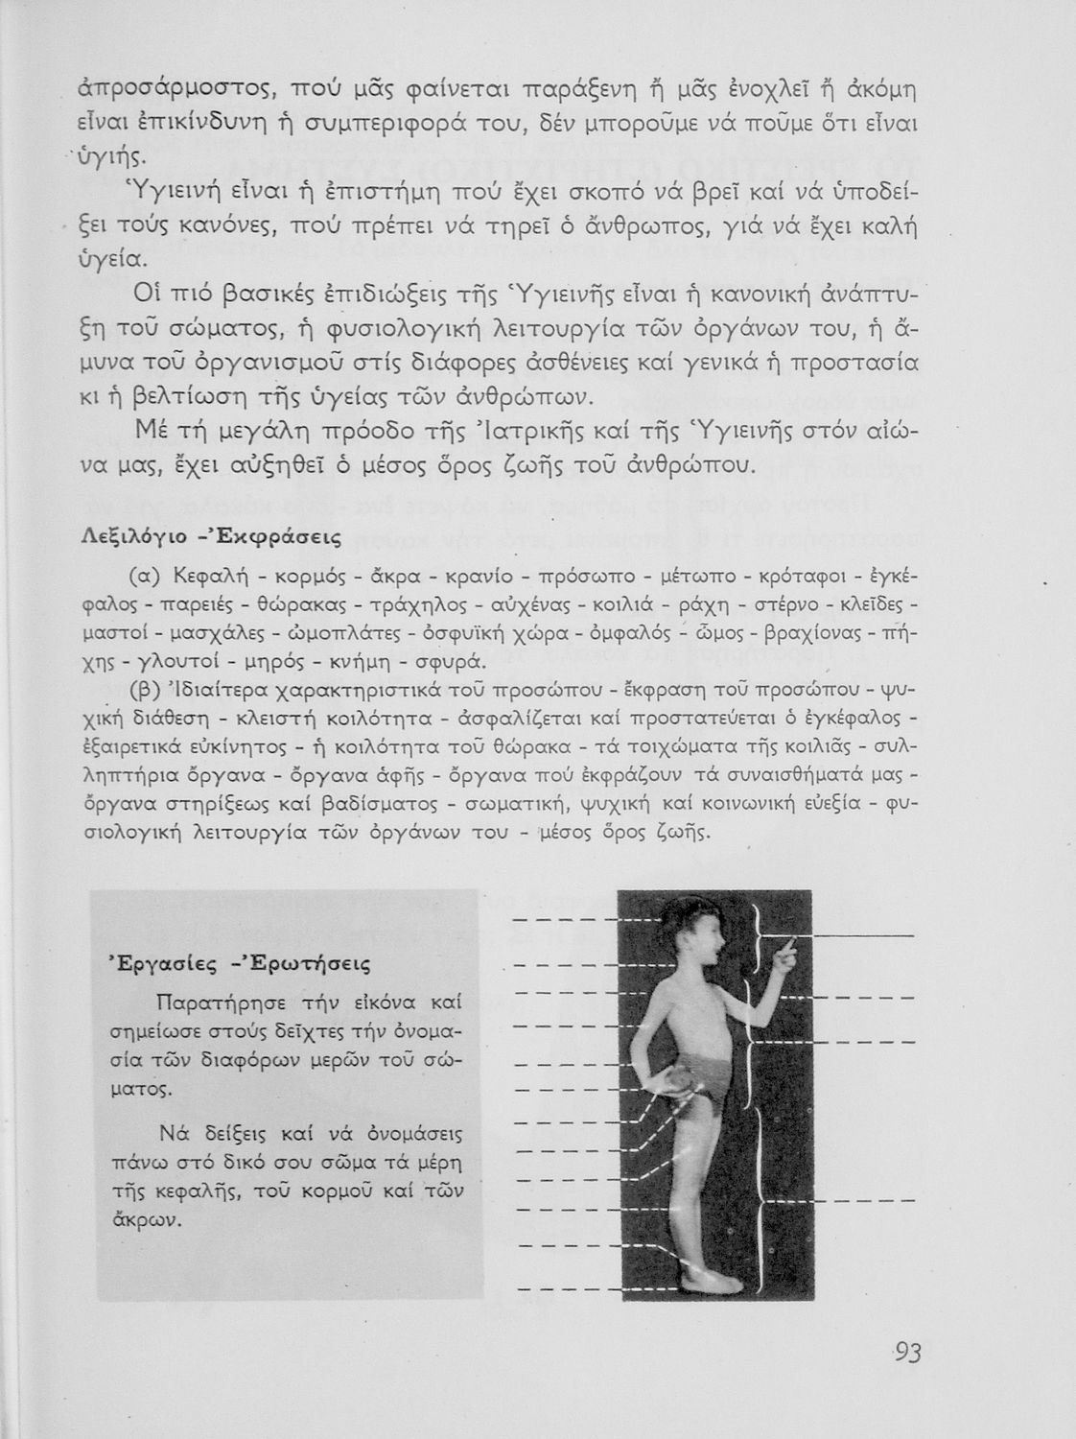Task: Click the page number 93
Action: [x=905, y=1354]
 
